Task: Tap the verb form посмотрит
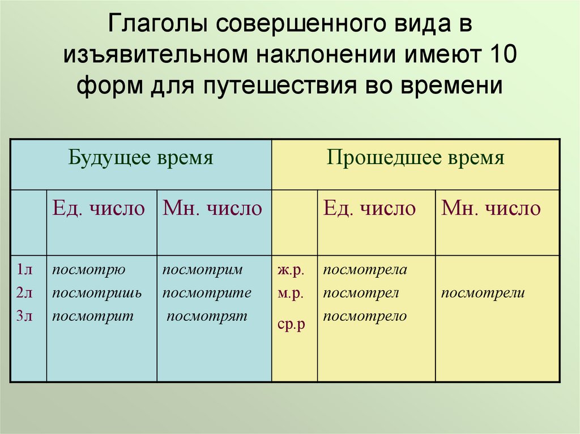coord(93,317)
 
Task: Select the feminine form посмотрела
coord(365,270)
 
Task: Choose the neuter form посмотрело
coord(365,316)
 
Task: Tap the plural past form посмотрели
coord(483,293)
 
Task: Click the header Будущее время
coord(141,158)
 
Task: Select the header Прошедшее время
coord(415,158)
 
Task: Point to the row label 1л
coord(24,270)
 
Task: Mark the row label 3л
coord(24,316)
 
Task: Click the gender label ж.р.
coord(291,270)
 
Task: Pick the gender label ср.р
coord(292,325)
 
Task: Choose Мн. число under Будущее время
coord(212,208)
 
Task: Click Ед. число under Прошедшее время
coord(369,209)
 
